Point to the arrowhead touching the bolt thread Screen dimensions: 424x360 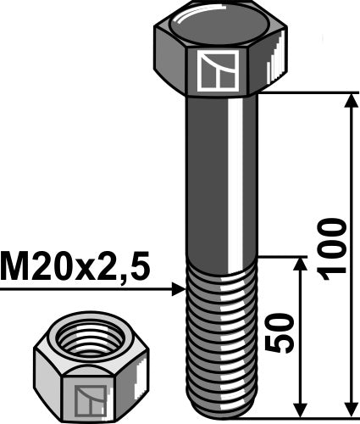pos(177,290)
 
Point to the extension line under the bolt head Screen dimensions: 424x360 pos(305,92)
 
